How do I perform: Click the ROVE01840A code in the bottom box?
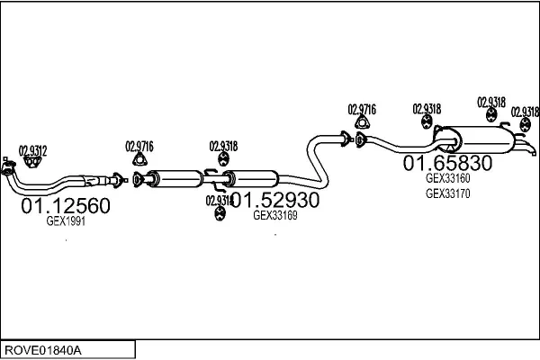[x=42, y=348]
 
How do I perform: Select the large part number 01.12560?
[x=66, y=207]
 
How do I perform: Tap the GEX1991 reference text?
[x=66, y=222]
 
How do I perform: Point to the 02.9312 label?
[x=33, y=149]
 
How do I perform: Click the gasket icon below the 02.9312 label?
[x=33, y=161]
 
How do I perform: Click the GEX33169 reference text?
[x=275, y=215]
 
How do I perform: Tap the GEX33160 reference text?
[x=447, y=178]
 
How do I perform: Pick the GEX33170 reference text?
[x=447, y=192]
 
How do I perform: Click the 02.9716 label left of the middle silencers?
[x=139, y=146]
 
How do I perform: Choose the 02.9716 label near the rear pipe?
[x=362, y=109]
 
